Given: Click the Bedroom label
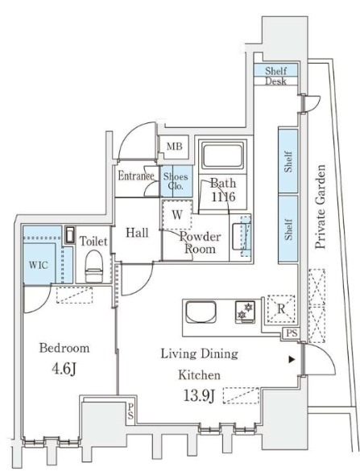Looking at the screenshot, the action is (64, 349).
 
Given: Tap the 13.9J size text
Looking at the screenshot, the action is (199, 396).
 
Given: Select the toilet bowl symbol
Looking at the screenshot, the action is (93, 266).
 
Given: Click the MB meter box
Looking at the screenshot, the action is (174, 147).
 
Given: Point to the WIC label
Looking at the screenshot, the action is (38, 265).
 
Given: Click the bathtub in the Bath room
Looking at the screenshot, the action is (222, 156).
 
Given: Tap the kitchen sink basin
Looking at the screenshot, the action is (201, 312).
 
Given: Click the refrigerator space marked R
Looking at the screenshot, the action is (281, 309).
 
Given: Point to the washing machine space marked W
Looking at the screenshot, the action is (177, 215).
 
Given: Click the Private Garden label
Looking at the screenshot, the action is (321, 207).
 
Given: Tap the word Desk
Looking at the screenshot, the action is (275, 81).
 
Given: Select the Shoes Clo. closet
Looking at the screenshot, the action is (176, 181).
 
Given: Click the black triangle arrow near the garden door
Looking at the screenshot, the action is (292, 359).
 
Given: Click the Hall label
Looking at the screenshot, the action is (137, 233).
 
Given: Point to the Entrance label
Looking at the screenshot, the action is (136, 176).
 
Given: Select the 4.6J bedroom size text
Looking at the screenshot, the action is (64, 369).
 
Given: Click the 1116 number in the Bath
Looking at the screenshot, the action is (223, 197).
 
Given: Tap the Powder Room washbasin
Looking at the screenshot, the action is (241, 238).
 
